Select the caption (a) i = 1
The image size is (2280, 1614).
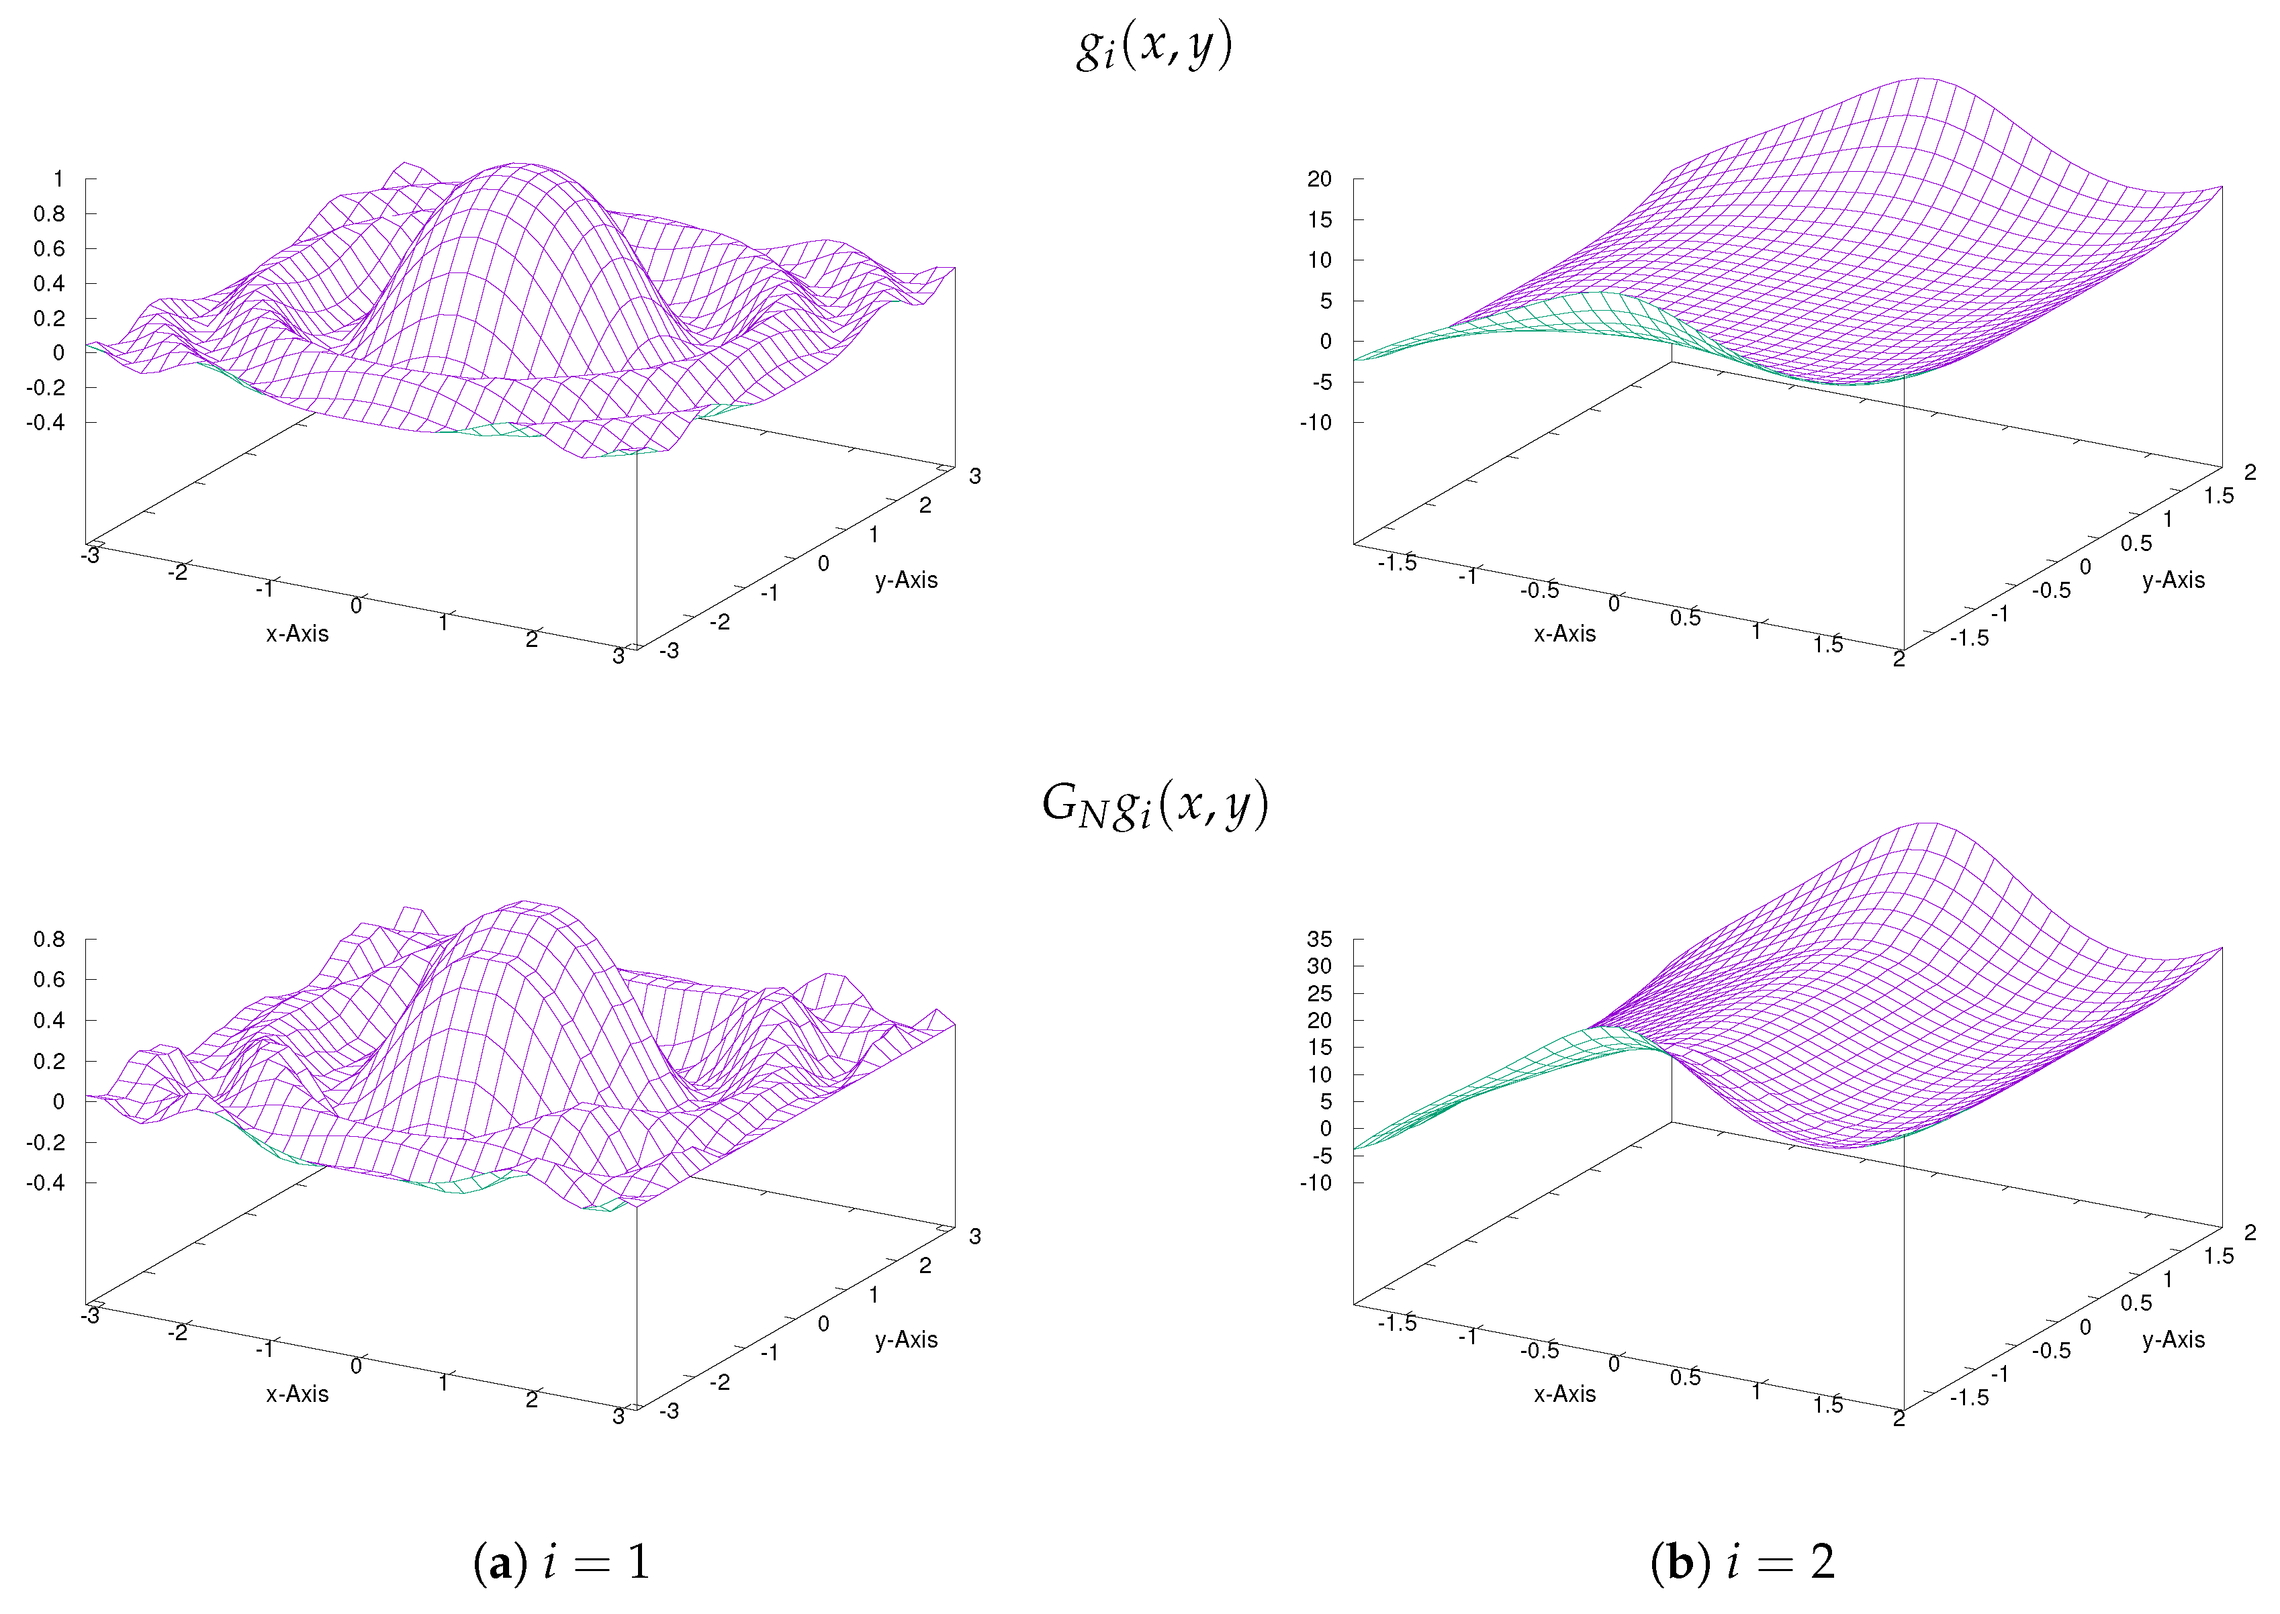pyautogui.click(x=562, y=1562)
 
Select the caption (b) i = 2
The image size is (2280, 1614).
pyautogui.click(x=1742, y=1562)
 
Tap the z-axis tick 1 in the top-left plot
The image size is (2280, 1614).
pyautogui.click(x=58, y=179)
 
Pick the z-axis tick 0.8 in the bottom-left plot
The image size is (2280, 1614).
pyautogui.click(x=49, y=939)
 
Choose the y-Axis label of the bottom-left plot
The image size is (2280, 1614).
pyautogui.click(x=906, y=1340)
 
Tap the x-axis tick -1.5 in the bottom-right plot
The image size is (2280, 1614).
pyautogui.click(x=1397, y=1323)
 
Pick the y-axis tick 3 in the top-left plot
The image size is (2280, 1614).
pyautogui.click(x=974, y=476)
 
